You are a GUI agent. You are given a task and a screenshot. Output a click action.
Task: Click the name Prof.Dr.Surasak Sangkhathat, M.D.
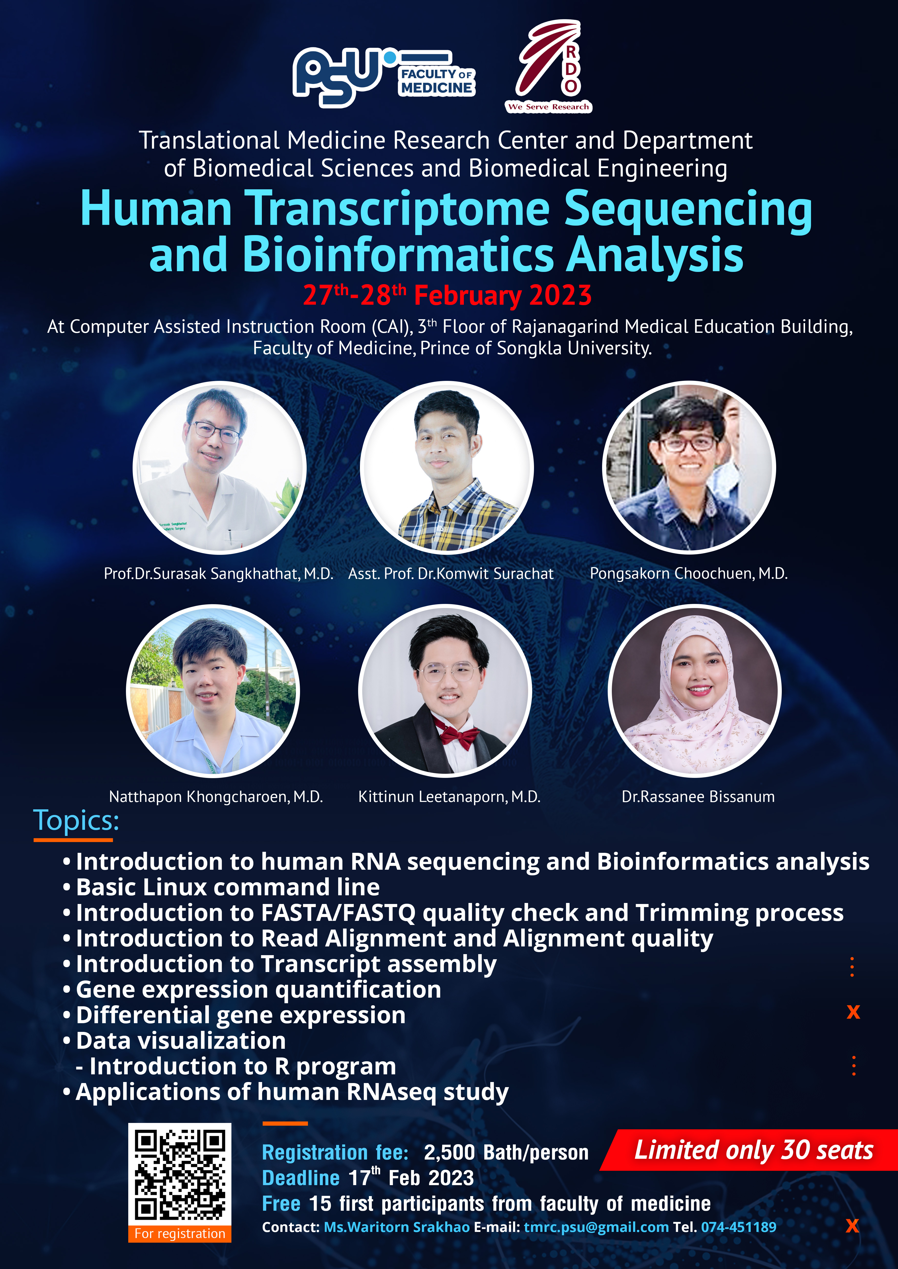pos(218,574)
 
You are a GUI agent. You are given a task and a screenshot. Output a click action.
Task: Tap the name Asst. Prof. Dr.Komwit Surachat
pos(451,574)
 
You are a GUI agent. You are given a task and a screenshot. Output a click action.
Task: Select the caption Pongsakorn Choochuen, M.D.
pos(688,574)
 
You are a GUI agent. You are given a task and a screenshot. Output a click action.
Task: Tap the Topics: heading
pos(76,820)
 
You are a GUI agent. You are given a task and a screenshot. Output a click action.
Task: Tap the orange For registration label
pos(180,1234)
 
